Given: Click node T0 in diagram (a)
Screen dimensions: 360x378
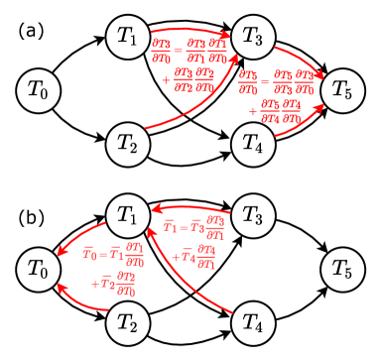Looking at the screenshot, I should pyautogui.click(x=36, y=90).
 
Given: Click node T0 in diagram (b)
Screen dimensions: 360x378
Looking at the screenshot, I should pyautogui.click(x=36, y=269).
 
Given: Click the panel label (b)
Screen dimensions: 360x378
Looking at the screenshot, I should pyautogui.click(x=31, y=210).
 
